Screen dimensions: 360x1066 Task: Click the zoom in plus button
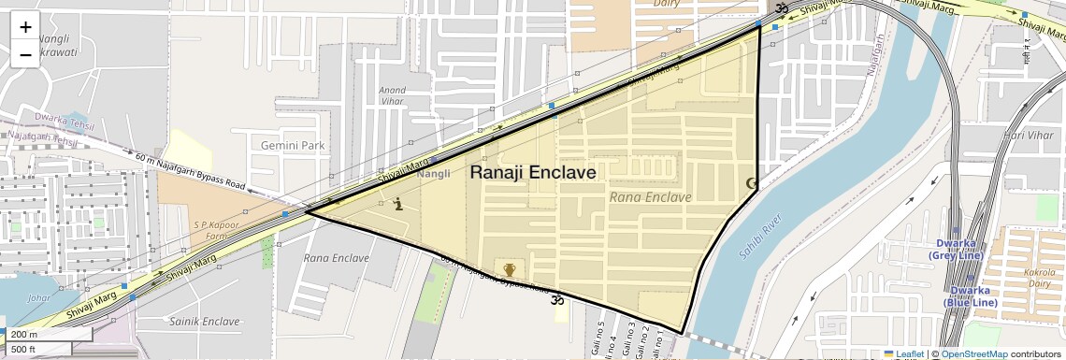(25, 26)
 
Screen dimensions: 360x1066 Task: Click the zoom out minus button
(25, 54)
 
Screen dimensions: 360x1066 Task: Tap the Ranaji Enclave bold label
(532, 173)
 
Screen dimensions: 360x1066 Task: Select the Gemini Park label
(293, 146)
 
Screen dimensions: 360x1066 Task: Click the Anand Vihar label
(392, 96)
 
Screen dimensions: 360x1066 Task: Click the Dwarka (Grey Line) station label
(953, 250)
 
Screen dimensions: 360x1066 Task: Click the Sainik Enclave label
(207, 321)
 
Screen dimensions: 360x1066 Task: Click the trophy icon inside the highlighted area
(510, 270)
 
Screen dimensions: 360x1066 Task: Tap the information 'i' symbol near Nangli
(399, 204)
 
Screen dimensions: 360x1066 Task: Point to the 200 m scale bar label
(24, 334)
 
